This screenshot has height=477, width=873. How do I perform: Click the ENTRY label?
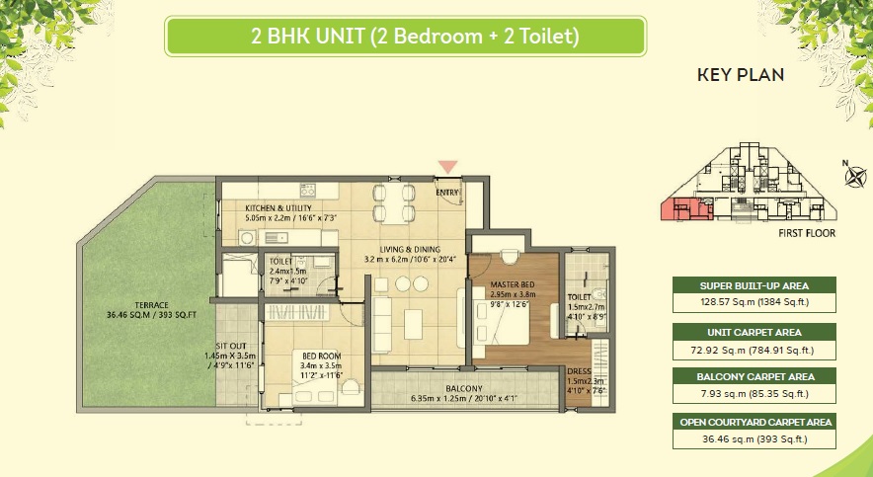(447, 193)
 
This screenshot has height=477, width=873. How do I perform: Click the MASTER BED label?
(512, 284)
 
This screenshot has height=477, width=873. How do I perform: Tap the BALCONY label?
(463, 388)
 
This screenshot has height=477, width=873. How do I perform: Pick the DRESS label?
(579, 370)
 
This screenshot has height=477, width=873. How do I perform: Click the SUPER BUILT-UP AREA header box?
(754, 285)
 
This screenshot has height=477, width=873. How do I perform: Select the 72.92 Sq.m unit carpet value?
(754, 350)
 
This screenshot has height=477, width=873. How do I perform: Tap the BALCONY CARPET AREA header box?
(754, 376)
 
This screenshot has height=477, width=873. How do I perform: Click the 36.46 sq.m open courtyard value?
(754, 438)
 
